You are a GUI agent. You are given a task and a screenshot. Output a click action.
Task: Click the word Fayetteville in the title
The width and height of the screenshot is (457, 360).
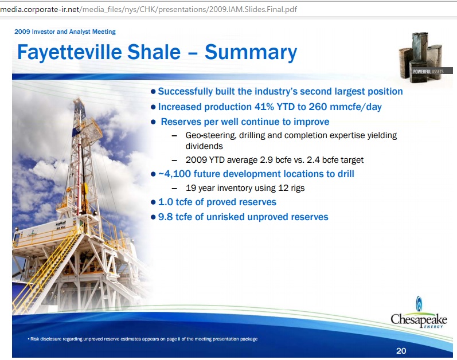[x=69, y=52]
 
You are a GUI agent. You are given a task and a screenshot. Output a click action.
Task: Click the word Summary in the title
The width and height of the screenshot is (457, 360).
[x=251, y=52]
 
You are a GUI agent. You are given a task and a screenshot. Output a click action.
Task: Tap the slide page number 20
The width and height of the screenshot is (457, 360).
[x=401, y=351]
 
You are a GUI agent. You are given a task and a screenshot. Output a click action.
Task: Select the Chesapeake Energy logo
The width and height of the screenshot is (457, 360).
[x=419, y=313]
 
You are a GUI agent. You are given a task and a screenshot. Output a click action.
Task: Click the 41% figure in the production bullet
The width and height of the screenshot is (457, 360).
[x=264, y=107]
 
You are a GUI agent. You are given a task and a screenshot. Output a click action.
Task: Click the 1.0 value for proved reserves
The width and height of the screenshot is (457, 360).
[x=165, y=202]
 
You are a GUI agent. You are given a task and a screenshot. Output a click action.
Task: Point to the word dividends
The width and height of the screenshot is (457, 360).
[x=204, y=146]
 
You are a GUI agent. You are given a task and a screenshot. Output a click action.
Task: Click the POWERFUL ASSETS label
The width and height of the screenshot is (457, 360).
[x=428, y=71]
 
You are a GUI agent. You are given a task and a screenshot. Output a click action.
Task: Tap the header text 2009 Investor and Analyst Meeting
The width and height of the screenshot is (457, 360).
[x=65, y=32]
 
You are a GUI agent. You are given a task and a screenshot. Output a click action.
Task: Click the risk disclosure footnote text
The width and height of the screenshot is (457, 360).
[x=143, y=339]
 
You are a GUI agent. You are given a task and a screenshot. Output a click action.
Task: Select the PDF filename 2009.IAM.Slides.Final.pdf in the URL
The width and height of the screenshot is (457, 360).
[x=253, y=10]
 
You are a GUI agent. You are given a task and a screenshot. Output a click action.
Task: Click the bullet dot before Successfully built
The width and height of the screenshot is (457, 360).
[x=153, y=92]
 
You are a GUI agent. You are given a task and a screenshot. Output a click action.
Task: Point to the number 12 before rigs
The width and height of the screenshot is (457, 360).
[x=283, y=188]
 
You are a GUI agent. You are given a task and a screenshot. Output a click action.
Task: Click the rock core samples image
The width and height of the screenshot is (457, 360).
[x=421, y=57]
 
